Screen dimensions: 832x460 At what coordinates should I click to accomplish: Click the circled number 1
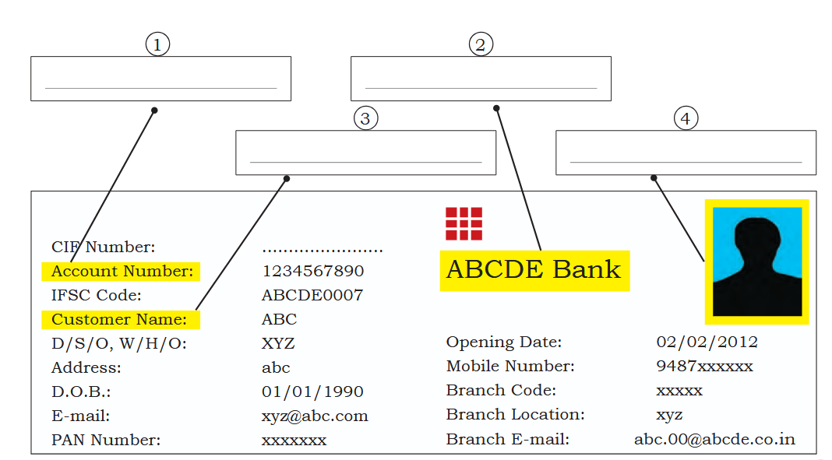click(157, 44)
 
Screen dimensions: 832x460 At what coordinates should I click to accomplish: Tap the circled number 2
click(481, 44)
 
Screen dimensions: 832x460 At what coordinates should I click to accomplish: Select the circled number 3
click(365, 118)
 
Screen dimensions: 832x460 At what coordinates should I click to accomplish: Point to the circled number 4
click(686, 118)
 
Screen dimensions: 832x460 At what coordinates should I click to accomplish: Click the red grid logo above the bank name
click(464, 223)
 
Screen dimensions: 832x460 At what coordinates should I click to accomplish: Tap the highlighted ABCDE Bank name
click(534, 270)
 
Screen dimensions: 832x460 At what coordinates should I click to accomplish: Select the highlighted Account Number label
click(121, 272)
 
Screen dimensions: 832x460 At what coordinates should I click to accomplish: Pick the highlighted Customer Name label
click(121, 320)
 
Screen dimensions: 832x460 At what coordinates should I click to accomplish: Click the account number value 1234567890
click(313, 272)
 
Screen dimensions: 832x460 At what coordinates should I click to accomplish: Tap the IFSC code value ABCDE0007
click(312, 295)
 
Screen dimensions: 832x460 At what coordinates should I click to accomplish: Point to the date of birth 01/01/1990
click(312, 392)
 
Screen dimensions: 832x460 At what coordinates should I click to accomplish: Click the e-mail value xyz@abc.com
click(315, 416)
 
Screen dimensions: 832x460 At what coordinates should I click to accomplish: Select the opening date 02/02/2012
click(707, 342)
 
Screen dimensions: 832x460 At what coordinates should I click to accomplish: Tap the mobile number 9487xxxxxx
click(705, 366)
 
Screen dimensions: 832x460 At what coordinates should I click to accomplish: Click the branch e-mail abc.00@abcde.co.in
click(714, 439)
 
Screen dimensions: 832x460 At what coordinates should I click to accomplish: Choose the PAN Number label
click(106, 440)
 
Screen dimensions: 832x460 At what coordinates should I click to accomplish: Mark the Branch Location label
click(515, 414)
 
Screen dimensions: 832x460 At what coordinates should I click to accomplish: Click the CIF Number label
click(104, 247)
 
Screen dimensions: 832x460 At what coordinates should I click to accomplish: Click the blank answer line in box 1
click(160, 88)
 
